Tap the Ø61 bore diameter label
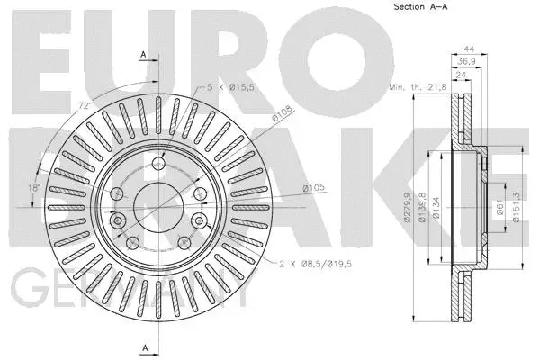(x=500, y=208)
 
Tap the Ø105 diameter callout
(x=312, y=187)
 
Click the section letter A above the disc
(x=143, y=55)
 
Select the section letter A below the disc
(x=143, y=347)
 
